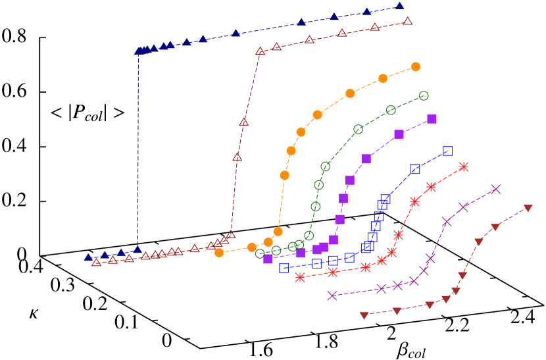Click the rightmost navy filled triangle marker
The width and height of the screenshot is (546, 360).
click(400, 7)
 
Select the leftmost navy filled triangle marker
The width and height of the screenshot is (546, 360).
click(88, 257)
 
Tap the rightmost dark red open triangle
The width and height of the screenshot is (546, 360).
click(408, 21)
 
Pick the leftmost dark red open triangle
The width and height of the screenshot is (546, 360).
click(97, 262)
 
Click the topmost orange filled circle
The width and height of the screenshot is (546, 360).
click(416, 66)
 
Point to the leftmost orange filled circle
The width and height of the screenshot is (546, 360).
click(219, 253)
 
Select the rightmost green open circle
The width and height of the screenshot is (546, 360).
click(424, 95)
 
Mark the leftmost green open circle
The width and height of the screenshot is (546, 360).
click(260, 253)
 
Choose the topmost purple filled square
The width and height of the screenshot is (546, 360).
click(432, 118)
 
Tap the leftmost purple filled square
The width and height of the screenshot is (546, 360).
click(268, 259)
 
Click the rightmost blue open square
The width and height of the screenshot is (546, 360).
click(448, 151)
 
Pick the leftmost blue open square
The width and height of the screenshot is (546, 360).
click(284, 268)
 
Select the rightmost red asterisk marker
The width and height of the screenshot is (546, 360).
click(464, 167)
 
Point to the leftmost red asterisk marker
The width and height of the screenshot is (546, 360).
click(300, 277)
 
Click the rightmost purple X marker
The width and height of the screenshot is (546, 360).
click(496, 190)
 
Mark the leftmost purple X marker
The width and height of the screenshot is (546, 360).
click(332, 296)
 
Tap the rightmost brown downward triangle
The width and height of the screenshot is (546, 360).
click(528, 208)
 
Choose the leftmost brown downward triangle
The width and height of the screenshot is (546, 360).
click(364, 315)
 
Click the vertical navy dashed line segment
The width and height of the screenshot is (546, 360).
click(138, 151)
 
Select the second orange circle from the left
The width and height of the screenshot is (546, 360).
click(252, 247)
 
